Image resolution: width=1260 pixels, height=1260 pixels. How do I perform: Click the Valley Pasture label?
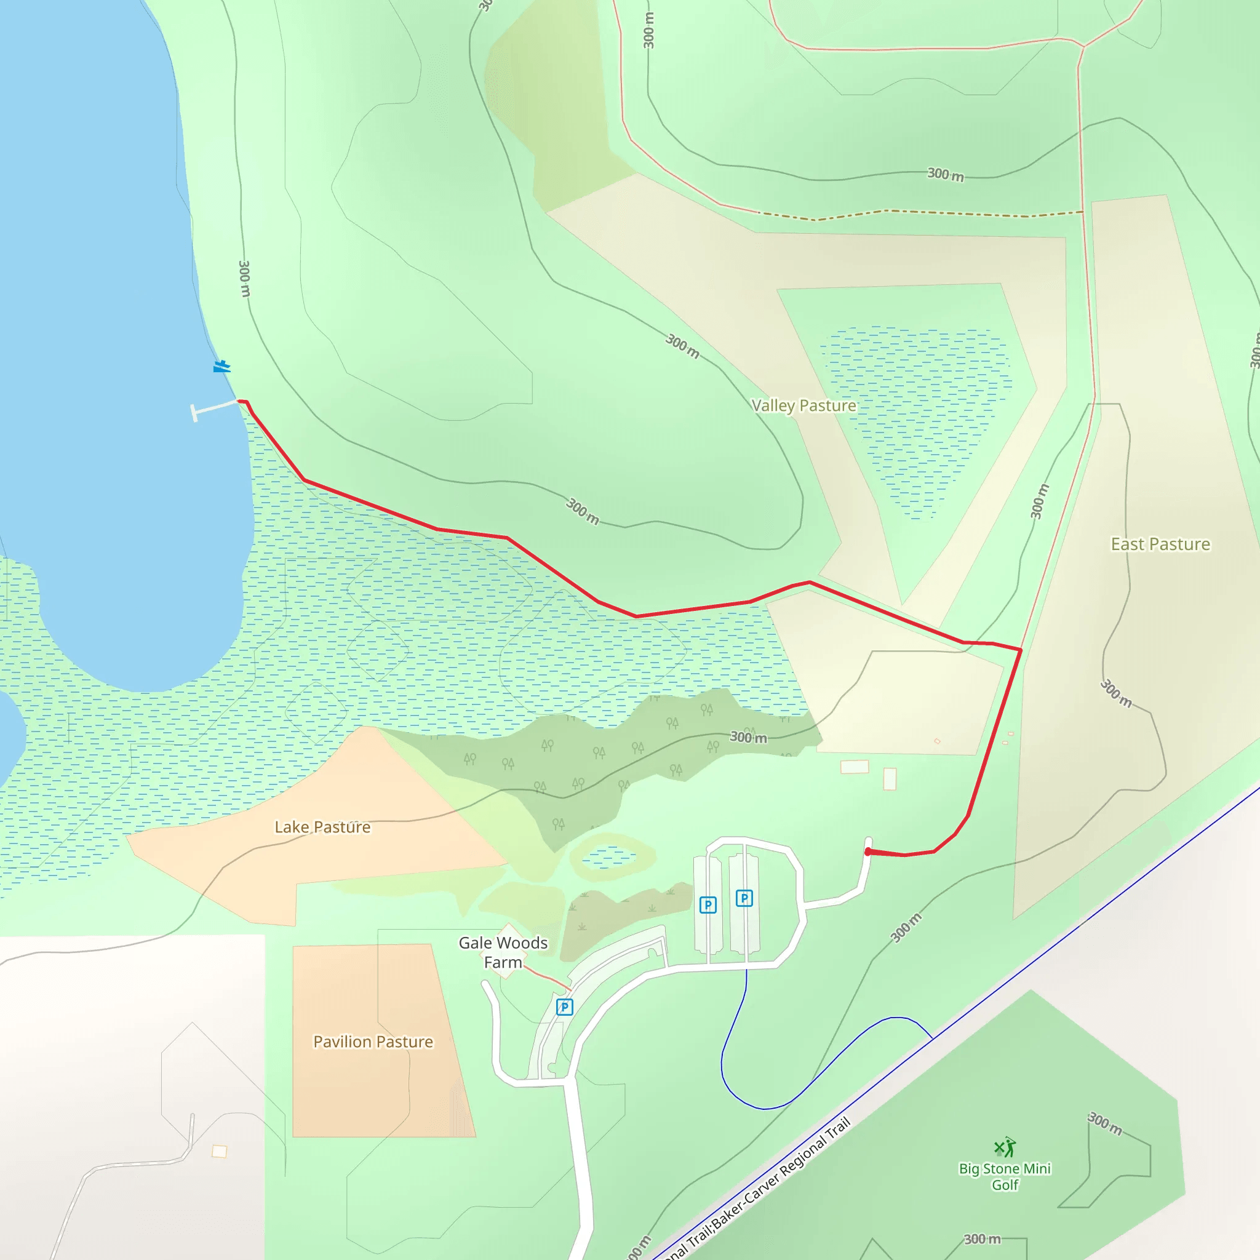[803, 405]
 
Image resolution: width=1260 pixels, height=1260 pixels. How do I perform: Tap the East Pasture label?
[1160, 544]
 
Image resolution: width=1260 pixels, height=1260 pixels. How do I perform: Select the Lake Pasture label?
[322, 827]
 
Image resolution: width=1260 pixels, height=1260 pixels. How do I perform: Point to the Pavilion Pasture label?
[373, 1042]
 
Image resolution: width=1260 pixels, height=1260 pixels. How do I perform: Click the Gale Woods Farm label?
[503, 952]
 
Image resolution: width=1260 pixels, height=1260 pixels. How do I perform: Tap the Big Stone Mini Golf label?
[1004, 1176]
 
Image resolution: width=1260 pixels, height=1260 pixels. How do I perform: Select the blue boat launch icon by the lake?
[221, 367]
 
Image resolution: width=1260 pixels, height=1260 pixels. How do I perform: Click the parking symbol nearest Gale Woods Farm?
[565, 1007]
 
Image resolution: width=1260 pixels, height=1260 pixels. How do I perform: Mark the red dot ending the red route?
[868, 851]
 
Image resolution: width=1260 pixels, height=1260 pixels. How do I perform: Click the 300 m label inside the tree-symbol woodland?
[748, 738]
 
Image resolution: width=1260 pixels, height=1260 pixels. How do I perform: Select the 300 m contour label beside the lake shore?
[244, 279]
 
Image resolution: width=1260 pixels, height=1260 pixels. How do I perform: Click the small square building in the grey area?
[220, 1152]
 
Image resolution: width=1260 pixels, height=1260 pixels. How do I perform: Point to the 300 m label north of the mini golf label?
[1105, 1123]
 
